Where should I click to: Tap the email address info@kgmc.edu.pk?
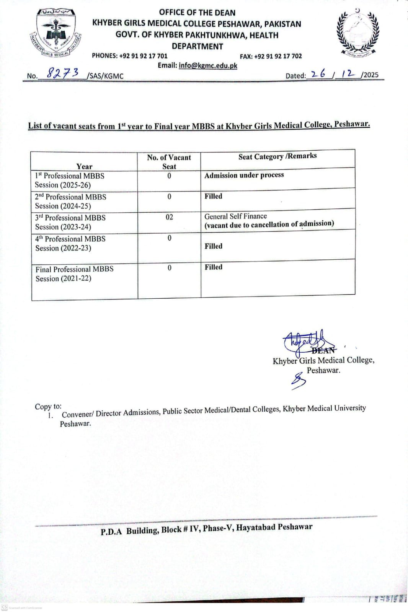(x=208, y=65)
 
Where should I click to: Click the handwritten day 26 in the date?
(x=318, y=74)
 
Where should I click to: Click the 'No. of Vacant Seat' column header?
(x=169, y=161)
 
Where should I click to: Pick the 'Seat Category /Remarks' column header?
(x=277, y=156)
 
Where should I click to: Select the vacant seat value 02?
(x=169, y=217)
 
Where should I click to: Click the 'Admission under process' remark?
(x=244, y=175)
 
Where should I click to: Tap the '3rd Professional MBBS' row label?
(x=70, y=218)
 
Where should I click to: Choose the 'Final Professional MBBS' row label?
(x=75, y=269)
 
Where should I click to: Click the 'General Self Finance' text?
(x=235, y=216)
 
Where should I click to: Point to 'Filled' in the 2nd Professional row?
(x=213, y=196)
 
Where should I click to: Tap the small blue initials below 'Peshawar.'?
(x=298, y=381)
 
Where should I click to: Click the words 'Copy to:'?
(x=48, y=406)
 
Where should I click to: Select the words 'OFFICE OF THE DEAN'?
(x=197, y=13)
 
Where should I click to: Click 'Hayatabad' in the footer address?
(x=256, y=528)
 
